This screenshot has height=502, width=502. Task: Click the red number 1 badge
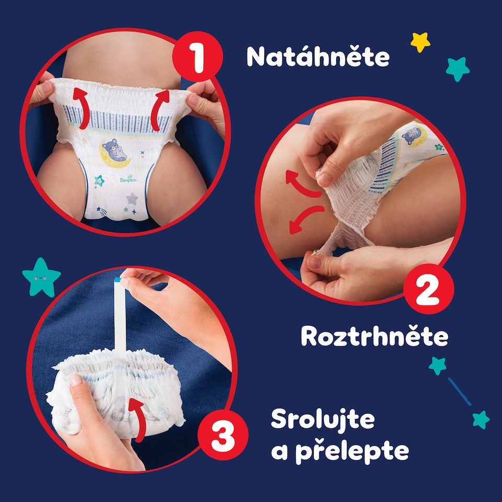coord(198,56)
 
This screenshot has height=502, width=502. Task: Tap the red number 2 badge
coord(428,289)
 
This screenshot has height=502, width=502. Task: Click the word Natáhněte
coord(318,56)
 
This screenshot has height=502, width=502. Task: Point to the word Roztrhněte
coord(374,336)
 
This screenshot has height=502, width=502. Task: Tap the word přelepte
coord(352,451)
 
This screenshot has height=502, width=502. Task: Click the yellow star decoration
coord(420,42)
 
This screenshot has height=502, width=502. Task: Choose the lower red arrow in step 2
coord(304,218)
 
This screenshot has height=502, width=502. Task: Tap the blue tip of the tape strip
coord(117,280)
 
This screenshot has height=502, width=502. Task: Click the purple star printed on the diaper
coord(132,199)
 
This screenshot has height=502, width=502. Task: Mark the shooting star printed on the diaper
coord(101,212)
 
